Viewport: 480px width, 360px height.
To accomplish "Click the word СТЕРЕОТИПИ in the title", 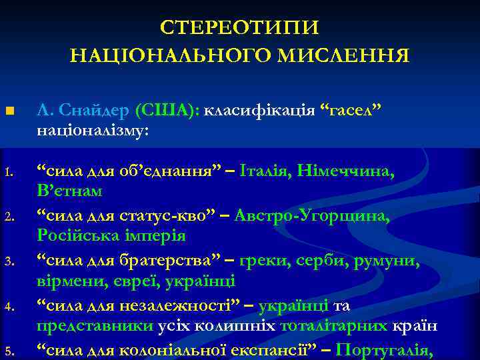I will pyautogui.click(x=240, y=28).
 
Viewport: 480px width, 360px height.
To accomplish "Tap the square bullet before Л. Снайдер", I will pyautogui.click(x=9, y=110).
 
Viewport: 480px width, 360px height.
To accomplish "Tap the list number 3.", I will pyautogui.click(x=9, y=259).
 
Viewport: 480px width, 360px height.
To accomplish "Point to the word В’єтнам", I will pyautogui.click(x=69, y=192).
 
